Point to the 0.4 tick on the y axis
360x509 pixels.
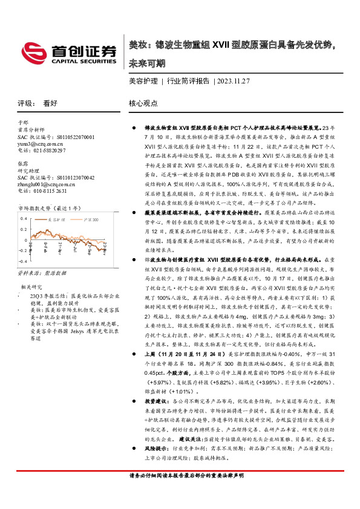pyautogui.click(x=24, y=216)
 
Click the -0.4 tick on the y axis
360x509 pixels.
pyautogui.click(x=22, y=261)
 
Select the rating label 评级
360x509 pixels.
pyautogui.click(x=25, y=103)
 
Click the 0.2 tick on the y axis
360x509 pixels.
pyautogui.click(x=24, y=227)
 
